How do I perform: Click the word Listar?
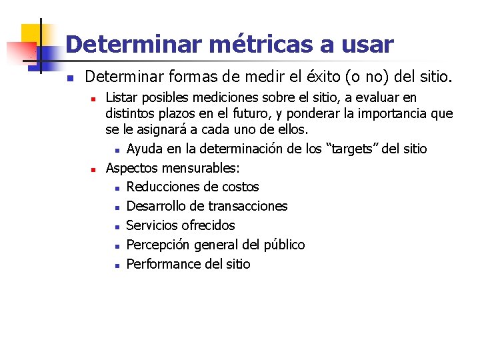[x=124, y=98]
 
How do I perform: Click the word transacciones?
[x=247, y=206]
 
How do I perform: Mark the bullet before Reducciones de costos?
[x=117, y=187]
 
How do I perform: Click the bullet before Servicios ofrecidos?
[x=117, y=226]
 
